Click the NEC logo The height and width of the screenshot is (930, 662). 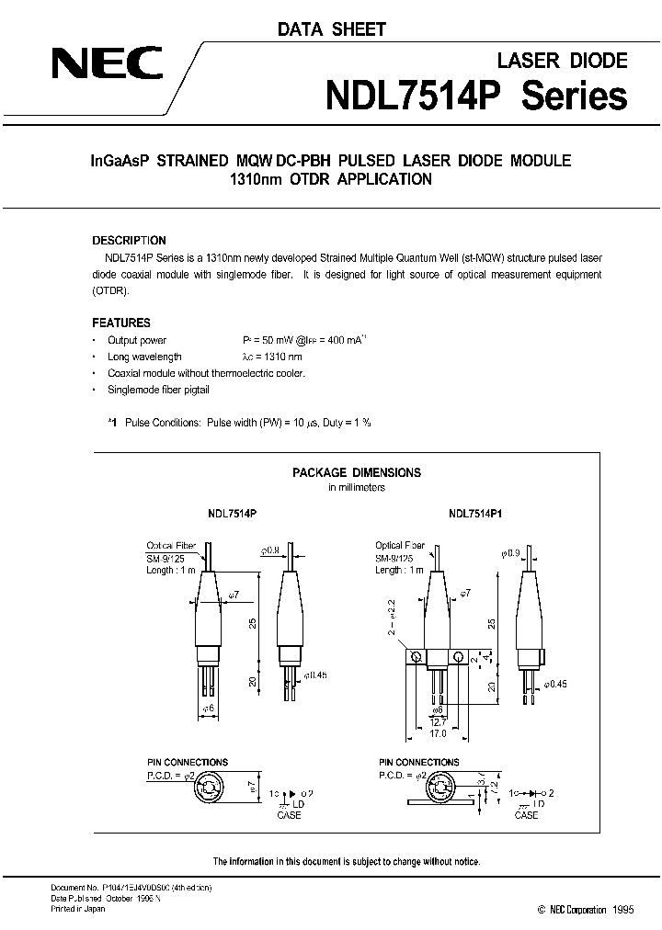107,65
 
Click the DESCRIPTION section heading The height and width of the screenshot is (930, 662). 129,241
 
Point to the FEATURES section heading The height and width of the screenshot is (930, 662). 120,323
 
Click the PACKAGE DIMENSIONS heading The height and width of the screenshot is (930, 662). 356,472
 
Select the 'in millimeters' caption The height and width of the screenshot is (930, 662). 357,488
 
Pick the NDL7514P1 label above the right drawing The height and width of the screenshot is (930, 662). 475,517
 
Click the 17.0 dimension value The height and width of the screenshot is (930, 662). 439,733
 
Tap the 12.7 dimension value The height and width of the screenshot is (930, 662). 439,722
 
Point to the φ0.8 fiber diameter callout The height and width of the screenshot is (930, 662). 269,550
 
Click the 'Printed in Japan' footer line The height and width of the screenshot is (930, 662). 78,908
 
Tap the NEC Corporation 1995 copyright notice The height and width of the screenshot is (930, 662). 571,909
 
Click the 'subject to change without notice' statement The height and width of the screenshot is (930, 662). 347,861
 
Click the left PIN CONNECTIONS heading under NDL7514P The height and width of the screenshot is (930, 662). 188,763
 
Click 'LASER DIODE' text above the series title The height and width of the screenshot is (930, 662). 562,61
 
